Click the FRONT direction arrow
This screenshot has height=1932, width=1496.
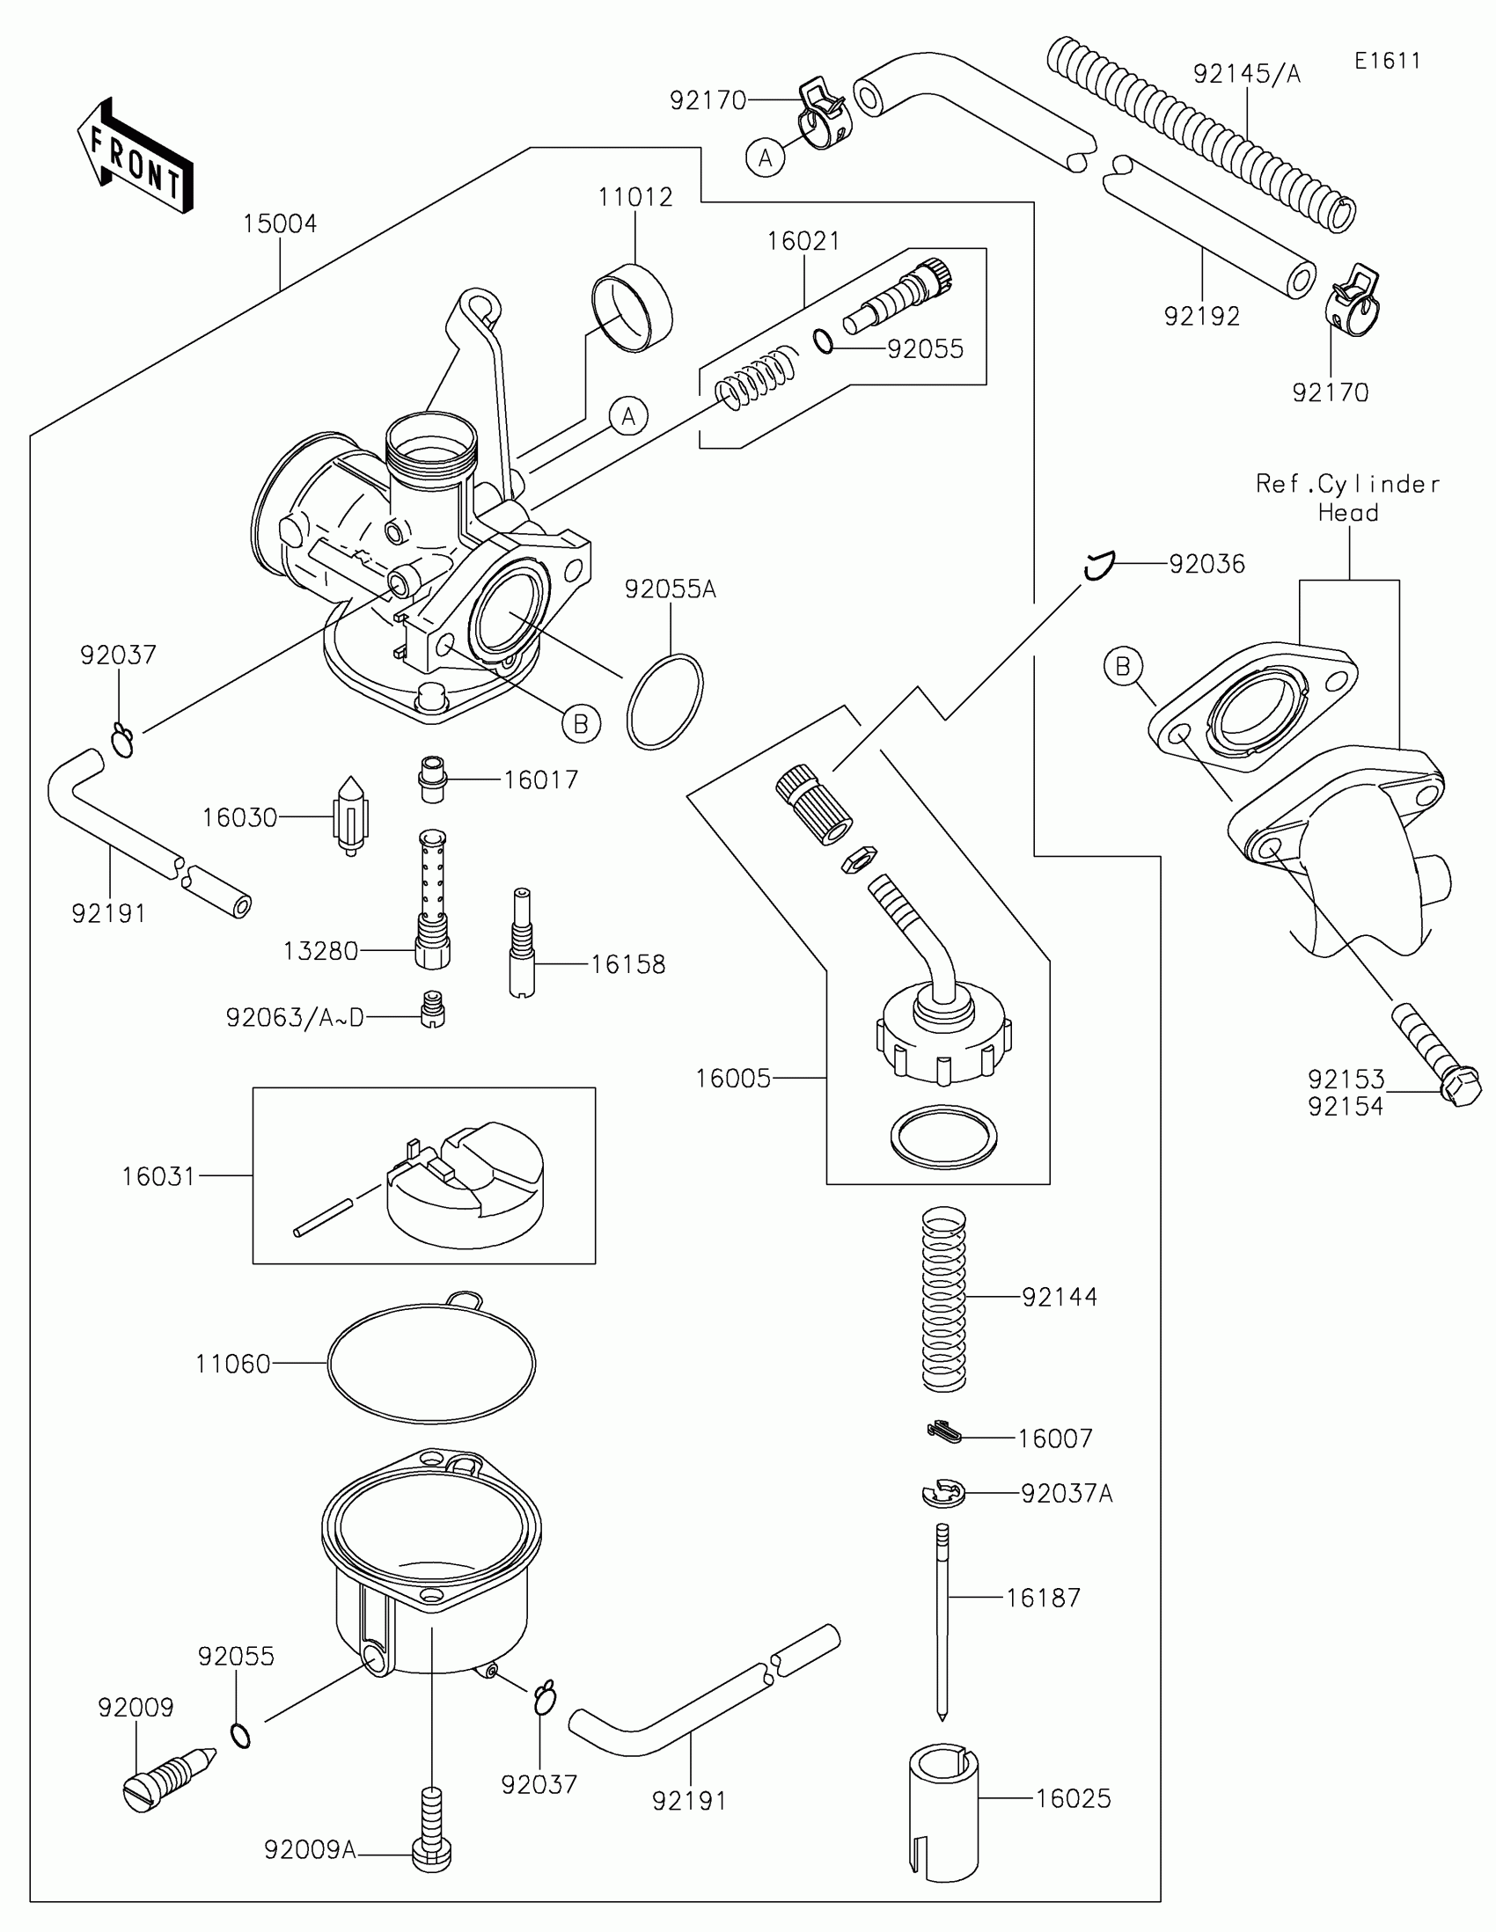(x=136, y=157)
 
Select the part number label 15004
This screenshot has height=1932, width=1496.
(x=280, y=223)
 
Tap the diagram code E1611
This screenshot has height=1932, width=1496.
(x=1387, y=61)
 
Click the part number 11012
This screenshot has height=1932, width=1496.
(x=634, y=196)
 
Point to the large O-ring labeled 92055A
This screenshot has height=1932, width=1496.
(x=664, y=701)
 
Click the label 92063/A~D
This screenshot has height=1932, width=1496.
(x=295, y=1018)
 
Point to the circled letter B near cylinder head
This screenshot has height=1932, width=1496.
(x=1123, y=666)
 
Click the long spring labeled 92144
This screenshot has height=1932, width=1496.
(x=944, y=1298)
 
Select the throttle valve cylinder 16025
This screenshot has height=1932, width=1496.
(x=944, y=1809)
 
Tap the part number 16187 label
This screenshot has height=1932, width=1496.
(x=1043, y=1598)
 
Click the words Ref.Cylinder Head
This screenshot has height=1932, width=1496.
(x=1348, y=497)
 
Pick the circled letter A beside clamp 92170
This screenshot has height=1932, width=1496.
(x=766, y=157)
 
